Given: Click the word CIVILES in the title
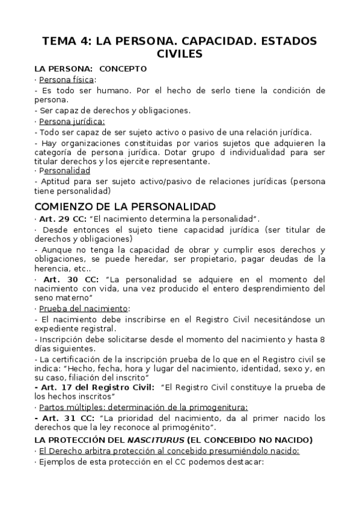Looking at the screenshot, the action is [x=180, y=54].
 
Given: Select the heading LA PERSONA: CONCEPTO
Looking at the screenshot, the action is [x=90, y=69].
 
